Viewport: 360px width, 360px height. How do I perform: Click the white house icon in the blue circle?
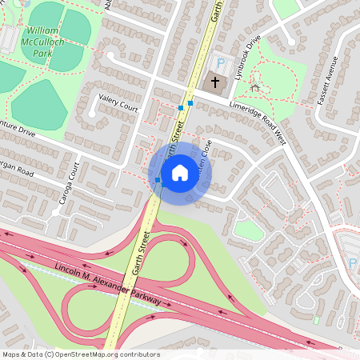point(179,172)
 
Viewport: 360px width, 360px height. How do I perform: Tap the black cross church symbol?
point(214,81)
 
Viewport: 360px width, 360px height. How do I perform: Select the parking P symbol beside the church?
point(222,63)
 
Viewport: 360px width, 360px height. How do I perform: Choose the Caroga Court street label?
point(70,185)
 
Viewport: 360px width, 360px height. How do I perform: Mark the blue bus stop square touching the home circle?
point(158,181)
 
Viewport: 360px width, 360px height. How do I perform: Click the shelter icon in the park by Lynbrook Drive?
point(255,86)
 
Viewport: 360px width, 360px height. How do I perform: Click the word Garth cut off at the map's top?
point(215,10)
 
